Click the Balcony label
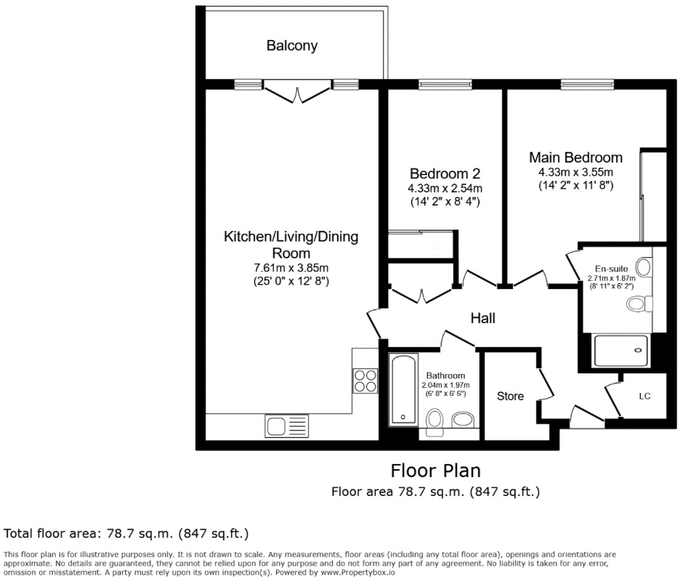pos(291,46)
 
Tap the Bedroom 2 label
pos(445,174)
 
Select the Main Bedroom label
pos(575,158)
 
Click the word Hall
pos(483,318)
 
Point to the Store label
pos(510,397)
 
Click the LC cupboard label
pos(644,397)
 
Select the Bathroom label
pos(446,375)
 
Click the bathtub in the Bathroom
pos(402,389)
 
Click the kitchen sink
pos(287,426)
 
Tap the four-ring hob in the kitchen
pos(365,380)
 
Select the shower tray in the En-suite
pos(622,350)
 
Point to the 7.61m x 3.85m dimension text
pos(291,268)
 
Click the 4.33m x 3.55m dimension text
pos(575,172)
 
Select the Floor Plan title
pos(435,471)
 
